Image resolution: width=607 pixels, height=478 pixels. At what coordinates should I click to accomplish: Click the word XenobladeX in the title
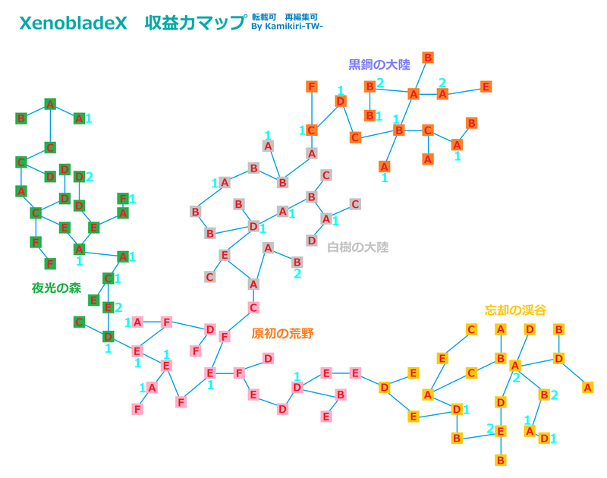pyautogui.click(x=73, y=24)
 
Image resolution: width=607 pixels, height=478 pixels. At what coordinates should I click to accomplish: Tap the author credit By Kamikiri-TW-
pyautogui.click(x=287, y=27)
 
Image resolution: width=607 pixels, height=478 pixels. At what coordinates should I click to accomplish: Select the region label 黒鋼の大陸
pyautogui.click(x=379, y=64)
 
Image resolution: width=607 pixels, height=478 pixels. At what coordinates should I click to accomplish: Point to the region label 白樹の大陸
pyautogui.click(x=357, y=247)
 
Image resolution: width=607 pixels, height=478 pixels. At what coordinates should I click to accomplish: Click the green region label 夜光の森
pyautogui.click(x=56, y=288)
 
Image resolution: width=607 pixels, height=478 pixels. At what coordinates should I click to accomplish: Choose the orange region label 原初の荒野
pyautogui.click(x=282, y=333)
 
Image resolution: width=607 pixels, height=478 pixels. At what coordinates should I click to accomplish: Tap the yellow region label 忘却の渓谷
pyautogui.click(x=515, y=310)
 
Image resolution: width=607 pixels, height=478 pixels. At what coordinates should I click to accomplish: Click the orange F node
pyautogui.click(x=312, y=86)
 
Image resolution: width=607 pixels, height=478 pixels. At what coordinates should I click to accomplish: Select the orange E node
pyautogui.click(x=486, y=86)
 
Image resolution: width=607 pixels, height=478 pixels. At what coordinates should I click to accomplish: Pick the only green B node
pyautogui.click(x=21, y=118)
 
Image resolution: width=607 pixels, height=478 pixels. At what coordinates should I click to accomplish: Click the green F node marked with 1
pyautogui.click(x=123, y=199)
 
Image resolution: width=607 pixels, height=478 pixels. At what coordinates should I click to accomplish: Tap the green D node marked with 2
pyautogui.click(x=79, y=177)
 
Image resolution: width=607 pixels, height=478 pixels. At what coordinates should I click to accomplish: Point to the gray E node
pyautogui.click(x=224, y=255)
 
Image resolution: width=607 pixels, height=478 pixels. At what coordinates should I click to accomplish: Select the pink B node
pyautogui.click(x=341, y=395)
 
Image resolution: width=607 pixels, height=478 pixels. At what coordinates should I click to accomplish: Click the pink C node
pyautogui.click(x=253, y=308)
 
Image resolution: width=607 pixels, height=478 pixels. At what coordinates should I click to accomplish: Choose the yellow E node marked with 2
pyautogui.click(x=501, y=431)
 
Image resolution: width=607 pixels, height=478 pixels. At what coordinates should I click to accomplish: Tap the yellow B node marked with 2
pyautogui.click(x=544, y=395)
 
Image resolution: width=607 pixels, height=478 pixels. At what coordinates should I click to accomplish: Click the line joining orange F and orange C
pyautogui.click(x=312, y=108)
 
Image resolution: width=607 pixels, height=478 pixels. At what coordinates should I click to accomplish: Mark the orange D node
pyautogui.click(x=340, y=101)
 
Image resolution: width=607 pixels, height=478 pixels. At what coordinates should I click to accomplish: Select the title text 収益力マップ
pyautogui.click(x=196, y=24)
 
